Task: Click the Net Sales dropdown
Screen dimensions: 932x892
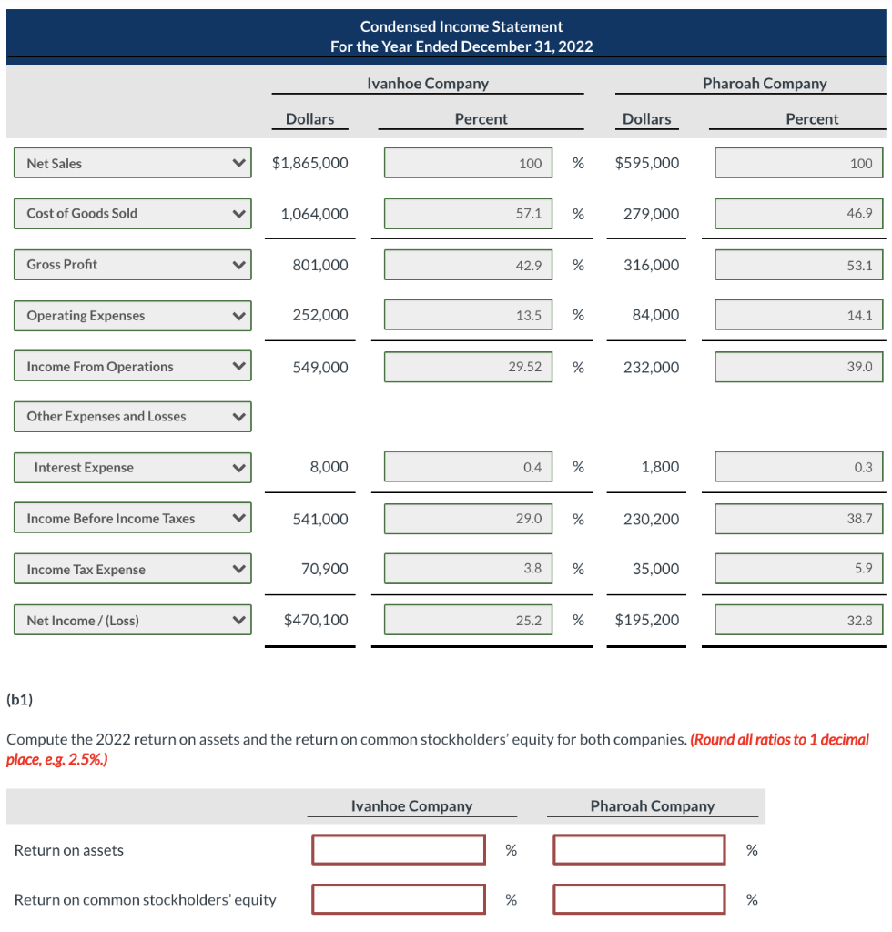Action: [132, 164]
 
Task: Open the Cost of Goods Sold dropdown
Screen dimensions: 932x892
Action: [132, 214]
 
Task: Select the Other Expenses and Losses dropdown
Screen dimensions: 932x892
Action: [132, 417]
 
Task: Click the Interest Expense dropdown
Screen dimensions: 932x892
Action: [132, 468]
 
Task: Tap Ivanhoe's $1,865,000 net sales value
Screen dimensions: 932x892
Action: [309, 164]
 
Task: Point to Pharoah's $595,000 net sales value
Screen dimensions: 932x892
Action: [647, 164]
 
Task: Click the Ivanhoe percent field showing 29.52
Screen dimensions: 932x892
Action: [468, 367]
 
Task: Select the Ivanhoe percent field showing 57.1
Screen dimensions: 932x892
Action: [468, 214]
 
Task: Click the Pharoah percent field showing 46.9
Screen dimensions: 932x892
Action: [798, 214]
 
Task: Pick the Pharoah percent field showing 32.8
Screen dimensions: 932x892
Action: [798, 621]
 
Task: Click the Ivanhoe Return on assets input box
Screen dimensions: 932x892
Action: [399, 850]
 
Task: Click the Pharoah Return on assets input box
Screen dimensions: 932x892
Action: [639, 850]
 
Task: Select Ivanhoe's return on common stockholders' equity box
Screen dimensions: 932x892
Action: [399, 899]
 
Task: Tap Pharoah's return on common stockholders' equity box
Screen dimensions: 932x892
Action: [639, 899]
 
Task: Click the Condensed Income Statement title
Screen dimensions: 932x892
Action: [461, 26]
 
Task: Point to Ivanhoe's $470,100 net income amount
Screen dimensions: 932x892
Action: [316, 621]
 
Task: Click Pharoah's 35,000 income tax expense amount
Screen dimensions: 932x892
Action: [655, 570]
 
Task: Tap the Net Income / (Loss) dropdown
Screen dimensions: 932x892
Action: [132, 621]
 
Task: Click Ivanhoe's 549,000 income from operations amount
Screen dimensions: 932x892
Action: [319, 367]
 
